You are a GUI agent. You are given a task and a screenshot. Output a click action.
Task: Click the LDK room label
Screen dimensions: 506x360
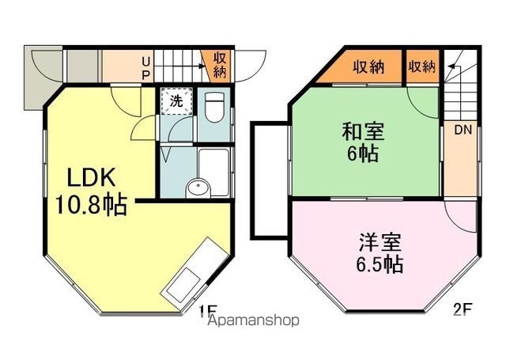[91, 177]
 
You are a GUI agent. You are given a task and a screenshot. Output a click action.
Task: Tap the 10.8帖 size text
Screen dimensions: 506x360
[91, 205]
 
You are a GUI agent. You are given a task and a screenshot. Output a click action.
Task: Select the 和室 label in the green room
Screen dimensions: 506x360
[363, 131]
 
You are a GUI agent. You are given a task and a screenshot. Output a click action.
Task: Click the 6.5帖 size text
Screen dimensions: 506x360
[379, 264]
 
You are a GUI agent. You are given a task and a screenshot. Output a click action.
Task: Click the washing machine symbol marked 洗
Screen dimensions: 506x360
[176, 101]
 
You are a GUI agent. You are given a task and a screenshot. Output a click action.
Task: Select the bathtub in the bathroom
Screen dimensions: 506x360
[214, 172]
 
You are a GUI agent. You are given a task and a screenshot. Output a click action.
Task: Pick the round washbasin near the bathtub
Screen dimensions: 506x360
[198, 188]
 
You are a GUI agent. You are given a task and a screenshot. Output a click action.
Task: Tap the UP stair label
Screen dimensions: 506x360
[145, 68]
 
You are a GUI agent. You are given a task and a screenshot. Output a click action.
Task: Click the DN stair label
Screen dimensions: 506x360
[463, 130]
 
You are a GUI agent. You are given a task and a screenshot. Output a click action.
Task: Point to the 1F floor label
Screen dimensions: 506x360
[206, 311]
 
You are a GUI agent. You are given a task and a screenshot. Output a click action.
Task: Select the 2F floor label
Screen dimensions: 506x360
[463, 310]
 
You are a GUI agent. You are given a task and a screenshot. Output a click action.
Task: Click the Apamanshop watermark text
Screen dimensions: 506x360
[254, 320]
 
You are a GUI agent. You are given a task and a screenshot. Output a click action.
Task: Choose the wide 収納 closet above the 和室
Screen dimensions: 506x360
[368, 67]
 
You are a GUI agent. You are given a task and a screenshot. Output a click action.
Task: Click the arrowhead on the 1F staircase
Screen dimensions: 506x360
[202, 66]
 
